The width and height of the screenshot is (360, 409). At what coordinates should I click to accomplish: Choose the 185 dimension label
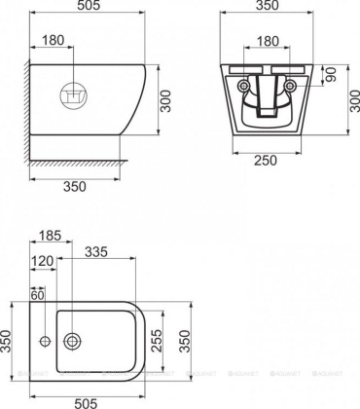53,236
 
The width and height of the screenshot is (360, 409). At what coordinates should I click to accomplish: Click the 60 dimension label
39,295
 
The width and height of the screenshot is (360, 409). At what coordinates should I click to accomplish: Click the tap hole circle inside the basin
72,341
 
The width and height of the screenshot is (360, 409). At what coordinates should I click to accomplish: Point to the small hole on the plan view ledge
44,341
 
